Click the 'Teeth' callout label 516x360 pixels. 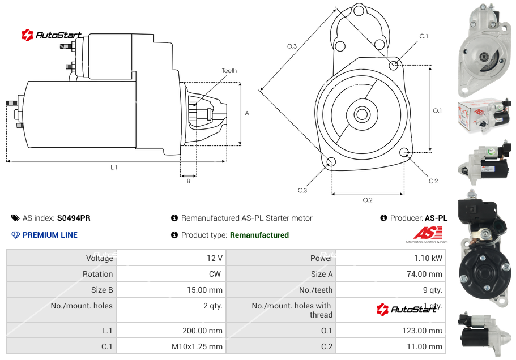[229, 71]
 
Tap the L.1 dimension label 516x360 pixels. [114, 167]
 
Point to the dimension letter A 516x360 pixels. [247, 113]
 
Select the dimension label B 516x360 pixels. [188, 181]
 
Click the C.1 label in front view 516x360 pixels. [423, 36]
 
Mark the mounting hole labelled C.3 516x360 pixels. [332, 163]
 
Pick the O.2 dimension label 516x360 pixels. [367, 200]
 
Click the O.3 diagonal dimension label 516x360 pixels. [292, 46]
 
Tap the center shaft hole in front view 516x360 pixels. [361, 114]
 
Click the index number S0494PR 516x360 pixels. [74, 218]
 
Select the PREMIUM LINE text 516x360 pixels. [50, 235]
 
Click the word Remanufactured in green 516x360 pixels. [259, 235]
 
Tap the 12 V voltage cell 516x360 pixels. [215, 258]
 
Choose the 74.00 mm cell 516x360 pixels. [424, 274]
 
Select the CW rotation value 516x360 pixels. [215, 274]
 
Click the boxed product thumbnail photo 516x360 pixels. [484, 117]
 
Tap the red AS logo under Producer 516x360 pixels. [427, 233]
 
